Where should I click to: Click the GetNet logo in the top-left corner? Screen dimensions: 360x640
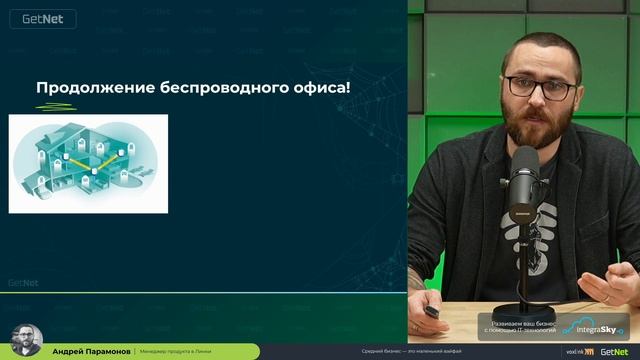30,17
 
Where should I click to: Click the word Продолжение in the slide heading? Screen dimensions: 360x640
95,88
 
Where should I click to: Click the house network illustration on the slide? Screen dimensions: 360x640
88,163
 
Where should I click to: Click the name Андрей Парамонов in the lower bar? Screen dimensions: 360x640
90,352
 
